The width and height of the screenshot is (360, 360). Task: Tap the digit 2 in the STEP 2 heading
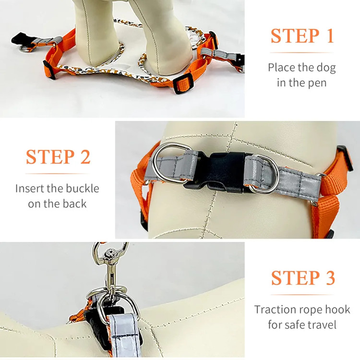[85, 157]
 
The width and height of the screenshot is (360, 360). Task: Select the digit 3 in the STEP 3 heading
[330, 278]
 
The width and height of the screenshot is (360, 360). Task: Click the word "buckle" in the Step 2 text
[82, 189]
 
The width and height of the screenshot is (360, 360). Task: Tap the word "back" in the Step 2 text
[74, 204]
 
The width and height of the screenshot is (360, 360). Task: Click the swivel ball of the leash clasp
[111, 253]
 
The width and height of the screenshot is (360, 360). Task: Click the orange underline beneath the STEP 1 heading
[302, 53]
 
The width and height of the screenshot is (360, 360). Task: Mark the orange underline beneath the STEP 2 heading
[58, 174]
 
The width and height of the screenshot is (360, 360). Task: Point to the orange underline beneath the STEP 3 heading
[302, 295]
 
